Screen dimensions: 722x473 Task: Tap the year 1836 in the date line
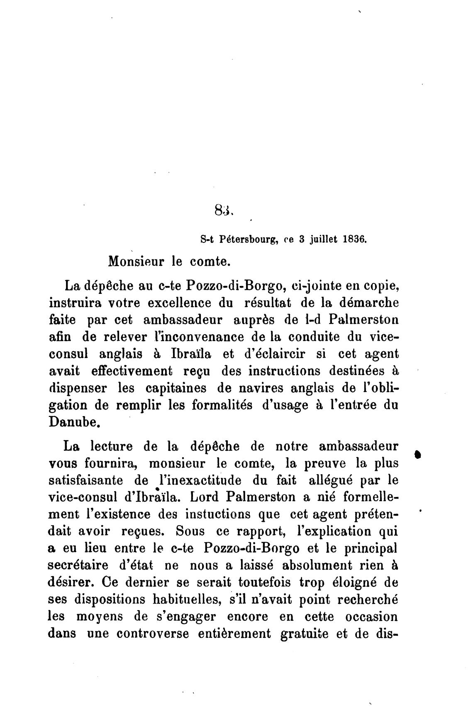pos(354,239)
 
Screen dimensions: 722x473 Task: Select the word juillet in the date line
pos(322,239)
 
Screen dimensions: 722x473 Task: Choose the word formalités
pos(222,405)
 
